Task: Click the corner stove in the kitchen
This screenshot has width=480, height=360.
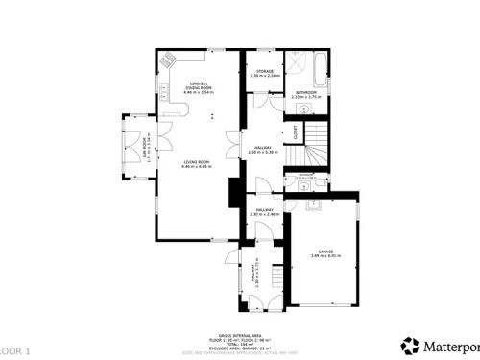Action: coord(171,59)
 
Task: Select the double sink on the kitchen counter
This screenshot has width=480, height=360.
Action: coord(163,92)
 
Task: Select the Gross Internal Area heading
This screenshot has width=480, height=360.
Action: coord(240,325)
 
